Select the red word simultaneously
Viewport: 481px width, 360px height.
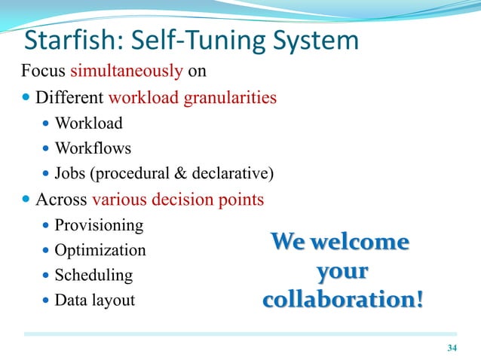(126, 72)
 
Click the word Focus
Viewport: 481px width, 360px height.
(43, 72)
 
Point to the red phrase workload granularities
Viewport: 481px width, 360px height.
(192, 98)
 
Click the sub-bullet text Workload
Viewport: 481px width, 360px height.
(88, 123)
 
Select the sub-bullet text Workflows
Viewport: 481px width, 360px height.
(93, 148)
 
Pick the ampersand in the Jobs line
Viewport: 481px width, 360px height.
(181, 174)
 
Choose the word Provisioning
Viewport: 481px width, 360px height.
(99, 224)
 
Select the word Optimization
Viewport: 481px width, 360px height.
(100, 250)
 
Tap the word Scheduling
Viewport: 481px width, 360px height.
(93, 275)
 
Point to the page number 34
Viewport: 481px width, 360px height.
(452, 347)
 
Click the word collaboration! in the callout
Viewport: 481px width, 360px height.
(342, 299)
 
